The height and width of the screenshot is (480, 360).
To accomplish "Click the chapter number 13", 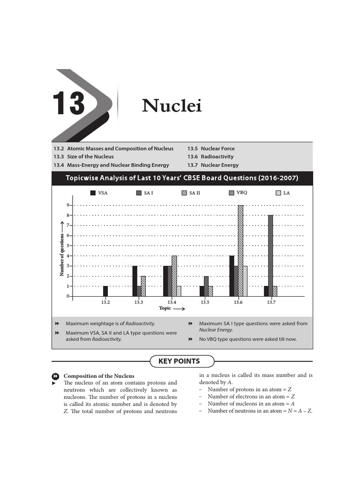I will click(x=68, y=104).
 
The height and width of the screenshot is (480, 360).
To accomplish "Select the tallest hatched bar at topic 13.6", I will click(x=240, y=251).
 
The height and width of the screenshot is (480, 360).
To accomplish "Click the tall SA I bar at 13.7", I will click(x=270, y=255).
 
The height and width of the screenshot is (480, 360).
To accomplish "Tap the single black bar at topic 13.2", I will click(x=105, y=291).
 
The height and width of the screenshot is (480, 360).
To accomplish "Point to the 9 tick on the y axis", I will click(x=68, y=205).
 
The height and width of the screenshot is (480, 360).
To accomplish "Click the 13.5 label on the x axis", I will click(x=205, y=303).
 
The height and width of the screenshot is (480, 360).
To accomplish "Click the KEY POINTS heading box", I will click(x=182, y=361).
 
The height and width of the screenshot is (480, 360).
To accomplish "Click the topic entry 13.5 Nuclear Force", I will click(x=211, y=149).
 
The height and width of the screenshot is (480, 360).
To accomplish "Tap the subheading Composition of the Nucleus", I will click(x=98, y=376).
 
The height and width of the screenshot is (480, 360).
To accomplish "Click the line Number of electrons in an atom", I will click(x=251, y=397).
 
